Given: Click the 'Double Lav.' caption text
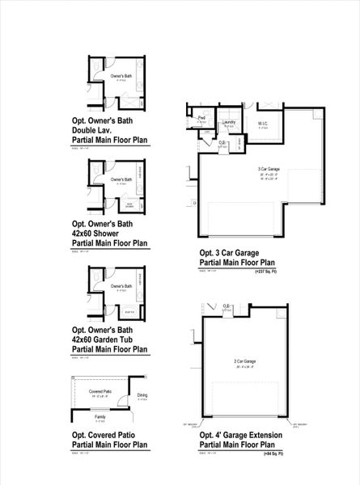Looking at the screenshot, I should coord(95,130).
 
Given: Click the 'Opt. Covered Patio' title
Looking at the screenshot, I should coord(105,435).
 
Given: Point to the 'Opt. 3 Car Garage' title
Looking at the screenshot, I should coord(234,252).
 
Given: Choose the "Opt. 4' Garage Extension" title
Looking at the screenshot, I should coord(241,435).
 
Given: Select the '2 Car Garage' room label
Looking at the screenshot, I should coord(244,360).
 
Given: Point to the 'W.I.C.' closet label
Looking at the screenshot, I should coord(263,123).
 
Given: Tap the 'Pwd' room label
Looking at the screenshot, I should coord(201,118).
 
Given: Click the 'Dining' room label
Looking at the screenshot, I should coord(142,394).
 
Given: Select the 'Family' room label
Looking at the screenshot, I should coord(100,416).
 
